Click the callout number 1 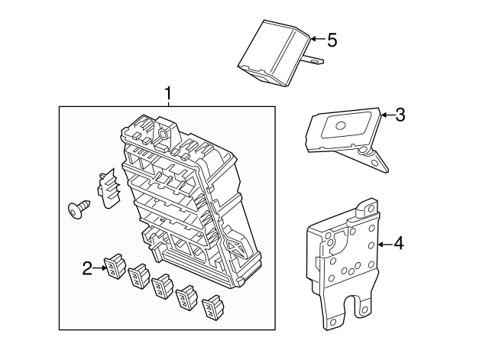click(x=168, y=93)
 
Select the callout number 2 click(x=88, y=268)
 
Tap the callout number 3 click(x=400, y=115)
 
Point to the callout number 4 click(x=399, y=243)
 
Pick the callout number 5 click(x=332, y=41)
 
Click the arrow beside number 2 click(x=100, y=268)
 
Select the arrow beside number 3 click(x=388, y=115)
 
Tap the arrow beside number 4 click(x=385, y=245)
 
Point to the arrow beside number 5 click(x=318, y=39)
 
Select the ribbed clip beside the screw click(x=108, y=190)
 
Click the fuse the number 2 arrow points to click(x=114, y=266)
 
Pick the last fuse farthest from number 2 click(x=214, y=307)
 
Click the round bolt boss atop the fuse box click(x=163, y=135)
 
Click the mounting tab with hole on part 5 click(x=314, y=60)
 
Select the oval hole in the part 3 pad click(x=340, y=125)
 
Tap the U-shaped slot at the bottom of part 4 click(x=352, y=306)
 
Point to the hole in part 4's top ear click(x=371, y=209)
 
